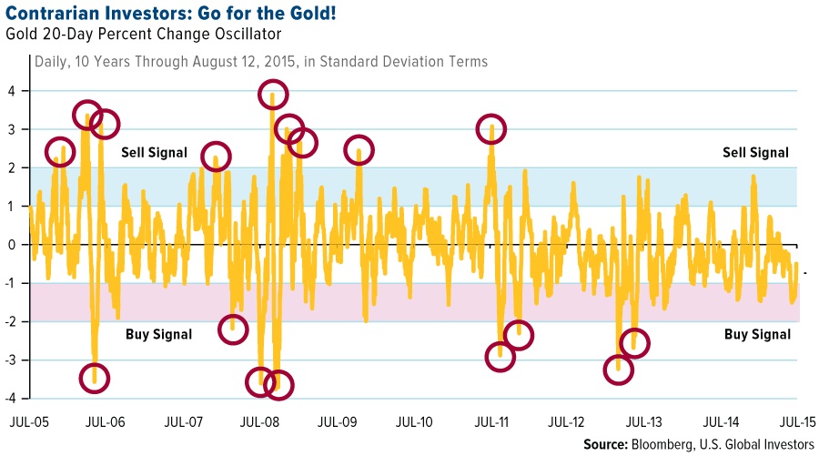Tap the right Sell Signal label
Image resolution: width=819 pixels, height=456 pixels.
(x=755, y=153)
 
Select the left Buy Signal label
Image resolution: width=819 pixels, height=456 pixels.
(x=158, y=334)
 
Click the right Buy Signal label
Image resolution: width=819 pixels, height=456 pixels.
(x=757, y=334)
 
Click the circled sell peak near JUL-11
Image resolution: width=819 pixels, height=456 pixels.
(x=491, y=129)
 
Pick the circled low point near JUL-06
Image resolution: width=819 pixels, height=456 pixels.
(x=95, y=377)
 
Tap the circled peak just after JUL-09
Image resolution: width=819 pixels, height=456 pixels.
(x=359, y=149)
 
